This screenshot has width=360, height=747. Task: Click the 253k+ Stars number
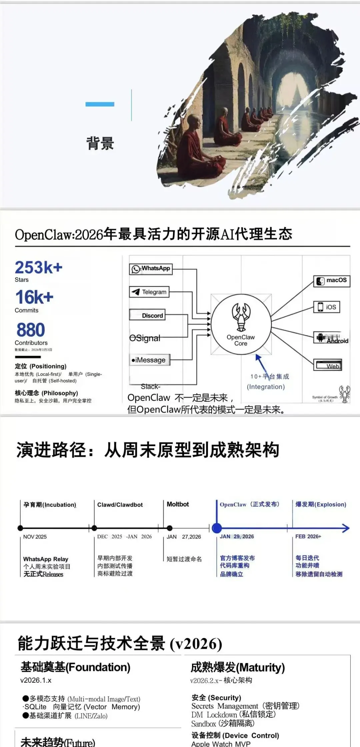(x=39, y=268)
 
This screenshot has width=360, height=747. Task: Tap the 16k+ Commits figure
(x=34, y=297)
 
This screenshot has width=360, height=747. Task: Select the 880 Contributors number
(x=31, y=330)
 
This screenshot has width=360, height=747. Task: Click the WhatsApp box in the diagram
(x=151, y=269)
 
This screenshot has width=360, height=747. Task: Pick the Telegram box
(x=149, y=292)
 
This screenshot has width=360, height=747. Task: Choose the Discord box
(x=147, y=315)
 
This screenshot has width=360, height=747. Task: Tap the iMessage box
(x=150, y=360)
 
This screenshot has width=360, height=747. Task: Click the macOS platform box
(x=332, y=280)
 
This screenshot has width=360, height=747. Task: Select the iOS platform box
(x=327, y=307)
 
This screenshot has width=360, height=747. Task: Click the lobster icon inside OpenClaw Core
(x=241, y=316)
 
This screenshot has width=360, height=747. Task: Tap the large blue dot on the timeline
(x=217, y=528)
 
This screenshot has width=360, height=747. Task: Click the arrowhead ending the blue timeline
(x=346, y=528)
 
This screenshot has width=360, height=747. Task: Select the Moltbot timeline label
(x=178, y=504)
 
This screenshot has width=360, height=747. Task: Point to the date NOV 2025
(x=35, y=537)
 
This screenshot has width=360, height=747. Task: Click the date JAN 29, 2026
(x=237, y=536)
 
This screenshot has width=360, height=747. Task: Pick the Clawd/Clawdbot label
(x=120, y=505)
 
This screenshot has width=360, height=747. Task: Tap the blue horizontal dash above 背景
(x=100, y=104)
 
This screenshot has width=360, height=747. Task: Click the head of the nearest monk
(x=194, y=122)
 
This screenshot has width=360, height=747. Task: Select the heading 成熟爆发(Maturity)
(x=238, y=667)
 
